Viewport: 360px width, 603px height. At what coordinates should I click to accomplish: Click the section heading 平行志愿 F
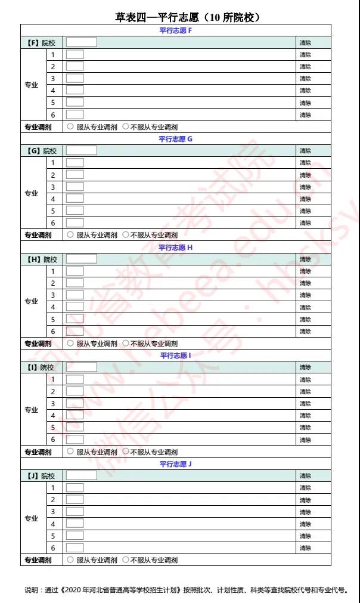(176, 30)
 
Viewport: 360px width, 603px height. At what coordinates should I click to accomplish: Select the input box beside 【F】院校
(81, 42)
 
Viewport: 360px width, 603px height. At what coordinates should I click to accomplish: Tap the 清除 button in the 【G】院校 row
(305, 151)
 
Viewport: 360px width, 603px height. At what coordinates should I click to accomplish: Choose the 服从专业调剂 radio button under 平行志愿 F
(70, 126)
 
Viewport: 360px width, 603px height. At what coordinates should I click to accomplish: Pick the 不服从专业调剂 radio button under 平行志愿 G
(125, 235)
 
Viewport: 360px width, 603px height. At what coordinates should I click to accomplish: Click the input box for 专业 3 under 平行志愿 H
(75, 295)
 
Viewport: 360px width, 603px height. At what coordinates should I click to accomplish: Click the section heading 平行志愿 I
(176, 355)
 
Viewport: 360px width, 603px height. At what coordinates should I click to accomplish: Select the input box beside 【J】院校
(81, 475)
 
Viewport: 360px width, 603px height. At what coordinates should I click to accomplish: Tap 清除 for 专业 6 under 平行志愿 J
(305, 548)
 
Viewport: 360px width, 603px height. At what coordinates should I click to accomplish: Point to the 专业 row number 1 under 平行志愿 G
(53, 163)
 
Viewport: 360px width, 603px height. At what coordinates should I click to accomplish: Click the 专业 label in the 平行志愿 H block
(32, 301)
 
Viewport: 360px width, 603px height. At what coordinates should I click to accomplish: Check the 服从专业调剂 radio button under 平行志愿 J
(70, 560)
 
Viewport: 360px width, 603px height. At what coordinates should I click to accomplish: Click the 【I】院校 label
(41, 367)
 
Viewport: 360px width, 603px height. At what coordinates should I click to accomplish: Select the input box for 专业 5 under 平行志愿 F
(75, 103)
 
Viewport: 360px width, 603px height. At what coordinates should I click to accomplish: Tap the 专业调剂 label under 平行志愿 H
(38, 344)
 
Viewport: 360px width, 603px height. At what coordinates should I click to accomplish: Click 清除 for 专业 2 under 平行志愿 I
(305, 391)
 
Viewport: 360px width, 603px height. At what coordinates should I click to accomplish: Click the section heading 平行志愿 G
(176, 139)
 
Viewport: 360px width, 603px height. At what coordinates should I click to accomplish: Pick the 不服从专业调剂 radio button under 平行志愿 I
(125, 452)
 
